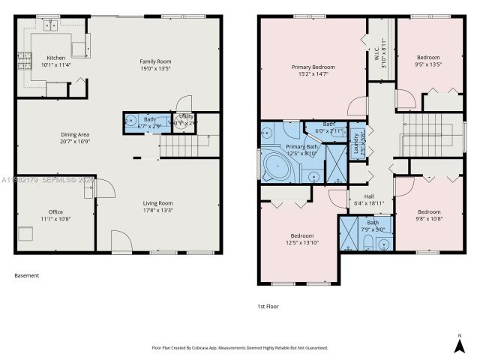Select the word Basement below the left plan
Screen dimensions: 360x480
click(26, 275)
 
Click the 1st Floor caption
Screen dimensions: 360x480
click(268, 306)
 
